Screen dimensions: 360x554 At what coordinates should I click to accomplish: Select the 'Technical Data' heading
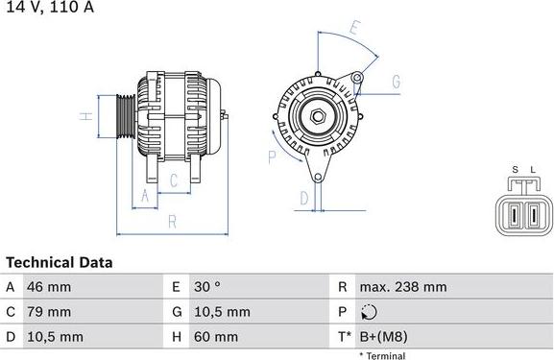coord(60,262)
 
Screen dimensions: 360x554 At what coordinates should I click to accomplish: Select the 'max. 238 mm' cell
coord(402,287)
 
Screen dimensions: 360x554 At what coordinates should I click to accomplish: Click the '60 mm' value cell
coord(217,337)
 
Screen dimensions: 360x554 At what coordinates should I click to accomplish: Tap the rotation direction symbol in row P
coord(372,312)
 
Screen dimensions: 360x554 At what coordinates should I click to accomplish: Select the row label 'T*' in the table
coord(345,337)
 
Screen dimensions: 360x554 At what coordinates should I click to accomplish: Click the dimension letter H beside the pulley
coord(85,117)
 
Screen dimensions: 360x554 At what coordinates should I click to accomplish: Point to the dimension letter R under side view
coord(172,222)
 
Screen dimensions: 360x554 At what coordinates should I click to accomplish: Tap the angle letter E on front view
coord(353,30)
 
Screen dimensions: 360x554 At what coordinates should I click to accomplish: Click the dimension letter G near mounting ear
coord(395,82)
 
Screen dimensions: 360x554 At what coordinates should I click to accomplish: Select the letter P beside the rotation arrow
coord(272,156)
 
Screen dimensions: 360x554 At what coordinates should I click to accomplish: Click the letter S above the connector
coord(516,170)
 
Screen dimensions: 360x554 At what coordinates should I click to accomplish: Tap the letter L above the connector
coord(533,170)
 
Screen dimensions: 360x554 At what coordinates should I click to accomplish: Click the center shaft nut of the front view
coord(318,117)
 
